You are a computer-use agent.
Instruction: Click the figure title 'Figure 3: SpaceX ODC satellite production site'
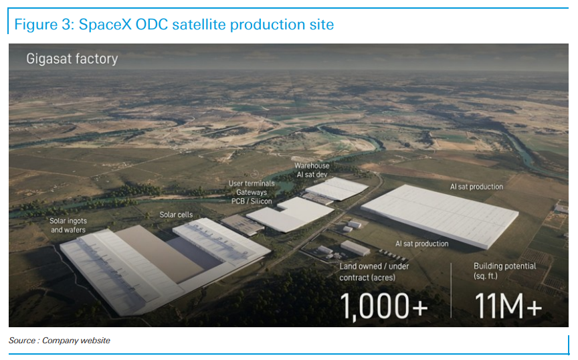174,25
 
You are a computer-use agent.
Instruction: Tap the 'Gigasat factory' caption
72,59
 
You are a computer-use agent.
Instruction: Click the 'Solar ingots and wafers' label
68,226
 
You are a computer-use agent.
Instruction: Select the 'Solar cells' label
176,215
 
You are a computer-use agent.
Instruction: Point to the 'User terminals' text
252,183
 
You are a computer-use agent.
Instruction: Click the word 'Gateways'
252,192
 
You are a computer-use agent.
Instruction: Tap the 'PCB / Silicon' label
252,201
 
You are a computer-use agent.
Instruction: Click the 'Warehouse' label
312,166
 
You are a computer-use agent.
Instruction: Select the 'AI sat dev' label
312,175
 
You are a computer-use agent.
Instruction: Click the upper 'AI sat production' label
476,187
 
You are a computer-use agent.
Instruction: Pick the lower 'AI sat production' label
421,244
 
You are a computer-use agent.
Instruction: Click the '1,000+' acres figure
383,306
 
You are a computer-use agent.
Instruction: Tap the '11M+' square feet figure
508,306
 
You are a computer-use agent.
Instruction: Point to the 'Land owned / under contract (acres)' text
374,272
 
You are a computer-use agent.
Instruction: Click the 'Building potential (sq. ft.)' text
504,271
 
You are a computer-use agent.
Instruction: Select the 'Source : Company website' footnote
60,341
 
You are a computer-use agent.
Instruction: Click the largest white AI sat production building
440,215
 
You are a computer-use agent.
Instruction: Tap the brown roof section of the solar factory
159,254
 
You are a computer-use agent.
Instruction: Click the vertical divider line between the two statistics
451,290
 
